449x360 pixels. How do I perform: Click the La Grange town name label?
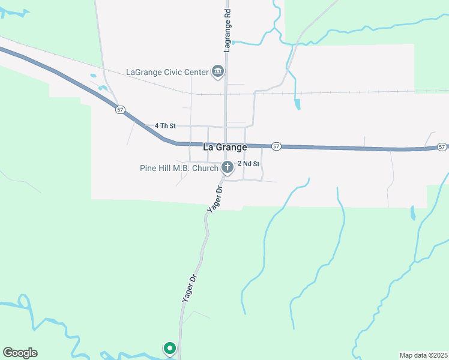coord(225,147)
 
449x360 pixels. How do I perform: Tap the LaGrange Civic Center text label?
coord(167,72)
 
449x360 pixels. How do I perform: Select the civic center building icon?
coord(218,72)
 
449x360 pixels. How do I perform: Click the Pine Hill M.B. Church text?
coord(179,168)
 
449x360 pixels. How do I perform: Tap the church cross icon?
coord(228,167)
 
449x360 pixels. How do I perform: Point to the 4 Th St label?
coord(164,126)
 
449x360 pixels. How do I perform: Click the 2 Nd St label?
coord(249,164)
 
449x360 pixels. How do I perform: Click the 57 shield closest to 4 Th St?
coord(121,110)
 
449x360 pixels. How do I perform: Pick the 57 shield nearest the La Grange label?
coord(276,146)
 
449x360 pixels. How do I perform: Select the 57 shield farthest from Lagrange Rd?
coord(442,147)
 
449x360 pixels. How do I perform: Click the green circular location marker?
coord(170,348)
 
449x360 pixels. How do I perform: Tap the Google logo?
coord(20,353)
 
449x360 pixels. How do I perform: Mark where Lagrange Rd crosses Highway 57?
coord(226,144)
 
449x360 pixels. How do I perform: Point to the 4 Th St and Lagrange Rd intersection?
coord(226,127)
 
